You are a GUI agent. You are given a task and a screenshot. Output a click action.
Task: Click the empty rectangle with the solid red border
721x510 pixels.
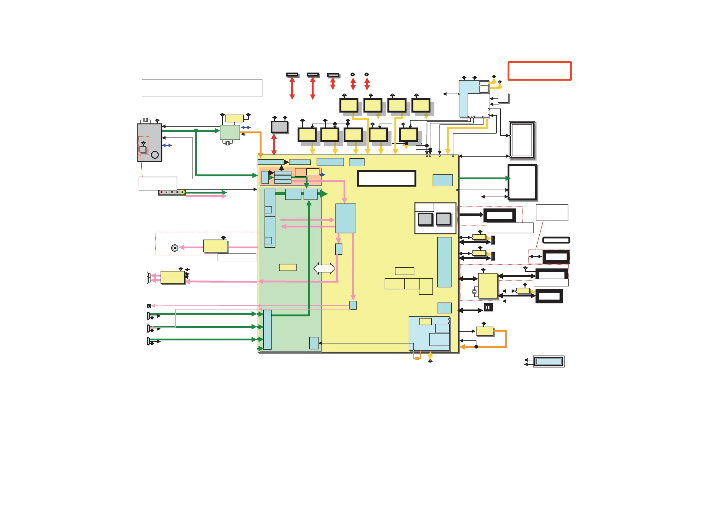point(539,71)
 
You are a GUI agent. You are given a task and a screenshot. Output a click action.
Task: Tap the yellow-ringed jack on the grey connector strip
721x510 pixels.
point(182,192)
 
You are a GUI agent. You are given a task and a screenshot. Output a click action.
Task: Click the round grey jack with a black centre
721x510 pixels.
point(175,248)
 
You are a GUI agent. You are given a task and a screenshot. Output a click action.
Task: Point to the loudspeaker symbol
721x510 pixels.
point(149,278)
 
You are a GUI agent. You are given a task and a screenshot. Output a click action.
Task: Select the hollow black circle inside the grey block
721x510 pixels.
point(155,154)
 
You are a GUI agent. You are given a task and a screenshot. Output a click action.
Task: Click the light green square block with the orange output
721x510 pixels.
point(230,133)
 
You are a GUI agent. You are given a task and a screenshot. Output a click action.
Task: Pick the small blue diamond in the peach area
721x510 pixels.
point(322,175)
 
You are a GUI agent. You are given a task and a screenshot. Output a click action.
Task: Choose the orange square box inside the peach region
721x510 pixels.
point(301,172)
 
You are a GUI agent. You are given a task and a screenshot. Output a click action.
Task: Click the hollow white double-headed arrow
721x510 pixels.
point(324,269)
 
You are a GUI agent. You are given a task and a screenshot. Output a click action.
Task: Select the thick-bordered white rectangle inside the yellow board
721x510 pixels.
point(387,178)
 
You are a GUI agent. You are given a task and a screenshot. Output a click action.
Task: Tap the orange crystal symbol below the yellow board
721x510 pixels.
point(417,358)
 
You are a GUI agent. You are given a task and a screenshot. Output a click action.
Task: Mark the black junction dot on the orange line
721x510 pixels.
point(476,346)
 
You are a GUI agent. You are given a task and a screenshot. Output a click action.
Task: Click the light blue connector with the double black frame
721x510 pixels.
point(548,361)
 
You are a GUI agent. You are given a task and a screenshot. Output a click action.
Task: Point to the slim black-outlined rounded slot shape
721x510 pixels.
point(556,240)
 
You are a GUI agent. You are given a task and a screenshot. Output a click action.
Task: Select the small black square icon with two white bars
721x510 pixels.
point(488,307)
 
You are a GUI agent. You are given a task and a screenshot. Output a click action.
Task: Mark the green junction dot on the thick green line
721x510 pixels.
point(196,131)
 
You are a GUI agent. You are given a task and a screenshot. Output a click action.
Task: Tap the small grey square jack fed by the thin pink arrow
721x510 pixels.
point(149,306)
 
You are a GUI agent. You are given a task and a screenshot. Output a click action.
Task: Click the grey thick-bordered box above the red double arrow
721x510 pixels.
point(279,127)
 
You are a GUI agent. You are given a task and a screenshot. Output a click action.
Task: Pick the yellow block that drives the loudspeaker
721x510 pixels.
point(173,277)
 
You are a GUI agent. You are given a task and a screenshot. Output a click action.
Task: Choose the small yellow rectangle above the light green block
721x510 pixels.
point(235,118)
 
